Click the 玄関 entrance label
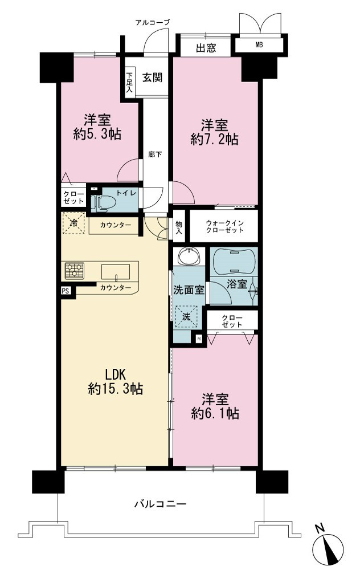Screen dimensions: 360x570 tap(152, 78)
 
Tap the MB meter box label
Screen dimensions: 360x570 tap(259, 45)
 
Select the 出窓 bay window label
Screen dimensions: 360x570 tap(206, 48)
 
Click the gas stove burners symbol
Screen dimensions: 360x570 tap(75, 271)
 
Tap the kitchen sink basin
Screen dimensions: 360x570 tap(116, 272)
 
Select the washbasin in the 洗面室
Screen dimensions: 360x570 tap(189, 256)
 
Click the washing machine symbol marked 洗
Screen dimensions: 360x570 tap(186, 316)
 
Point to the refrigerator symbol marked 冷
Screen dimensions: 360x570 tap(74, 223)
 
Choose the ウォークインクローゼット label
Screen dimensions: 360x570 tap(224, 226)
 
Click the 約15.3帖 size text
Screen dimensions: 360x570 tap(115, 389)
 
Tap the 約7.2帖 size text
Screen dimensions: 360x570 tap(215, 139)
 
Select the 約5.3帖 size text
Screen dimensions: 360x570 tap(97, 135)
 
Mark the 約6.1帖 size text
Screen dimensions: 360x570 tap(215, 413)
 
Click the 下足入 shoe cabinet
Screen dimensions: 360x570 tap(129, 82)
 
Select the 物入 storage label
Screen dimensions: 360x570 tap(179, 227)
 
